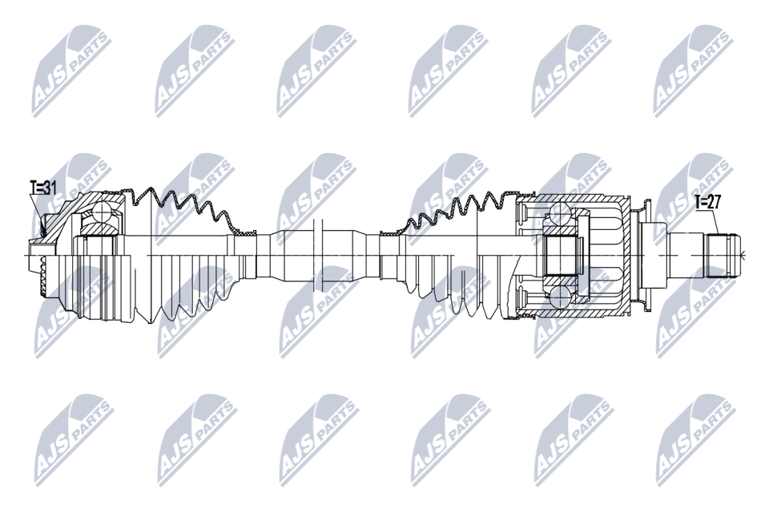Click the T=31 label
(43, 188)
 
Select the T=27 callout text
(707, 203)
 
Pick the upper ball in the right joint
(559, 213)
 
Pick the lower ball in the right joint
(559, 298)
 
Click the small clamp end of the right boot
(388, 233)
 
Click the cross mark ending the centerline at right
(743, 256)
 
